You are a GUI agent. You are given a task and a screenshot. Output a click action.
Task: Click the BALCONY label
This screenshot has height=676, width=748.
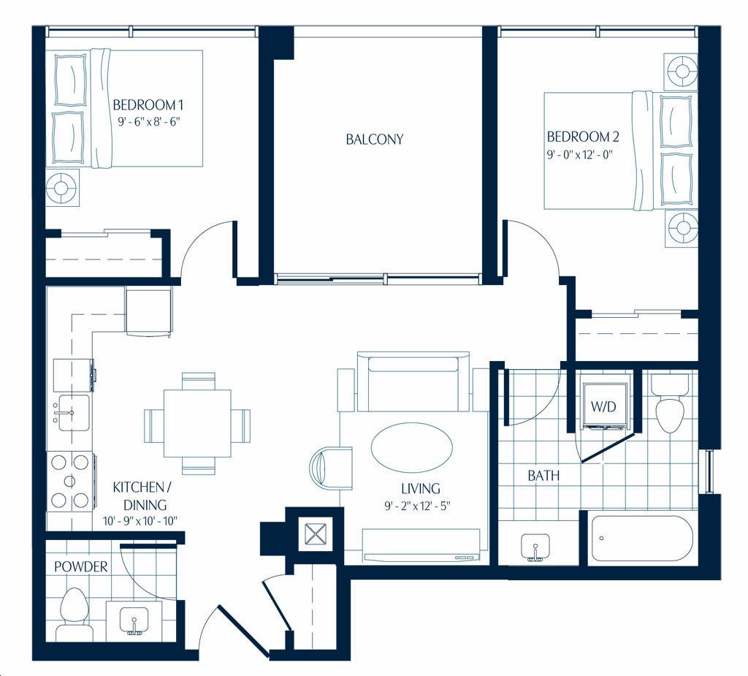click(375, 140)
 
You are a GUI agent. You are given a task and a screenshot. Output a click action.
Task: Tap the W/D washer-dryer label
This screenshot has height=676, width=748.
click(603, 407)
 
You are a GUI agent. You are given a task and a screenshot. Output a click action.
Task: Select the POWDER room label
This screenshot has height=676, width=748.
click(80, 566)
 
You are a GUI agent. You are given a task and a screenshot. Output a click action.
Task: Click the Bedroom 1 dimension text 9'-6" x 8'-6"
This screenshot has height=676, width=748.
click(149, 122)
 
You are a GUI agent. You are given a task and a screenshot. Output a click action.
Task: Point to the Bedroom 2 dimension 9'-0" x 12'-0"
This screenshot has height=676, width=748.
click(579, 155)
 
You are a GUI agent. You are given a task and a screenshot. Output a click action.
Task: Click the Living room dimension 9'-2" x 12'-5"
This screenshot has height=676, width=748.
click(418, 506)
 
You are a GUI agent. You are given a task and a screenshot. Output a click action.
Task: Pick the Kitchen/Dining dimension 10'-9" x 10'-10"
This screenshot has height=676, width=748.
click(140, 521)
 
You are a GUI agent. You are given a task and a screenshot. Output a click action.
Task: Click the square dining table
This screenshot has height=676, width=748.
click(197, 423)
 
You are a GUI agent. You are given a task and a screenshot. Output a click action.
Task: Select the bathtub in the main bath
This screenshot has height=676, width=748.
click(643, 538)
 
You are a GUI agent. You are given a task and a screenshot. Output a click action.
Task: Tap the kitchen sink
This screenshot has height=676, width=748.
click(71, 413)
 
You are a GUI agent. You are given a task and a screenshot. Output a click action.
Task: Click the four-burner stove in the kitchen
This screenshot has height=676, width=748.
click(70, 481)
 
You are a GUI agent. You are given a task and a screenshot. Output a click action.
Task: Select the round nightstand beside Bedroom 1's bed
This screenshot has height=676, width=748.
click(62, 188)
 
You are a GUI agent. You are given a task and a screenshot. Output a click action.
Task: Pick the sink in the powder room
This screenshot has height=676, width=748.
click(134, 621)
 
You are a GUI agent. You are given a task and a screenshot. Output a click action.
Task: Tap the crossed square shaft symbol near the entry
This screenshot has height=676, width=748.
click(315, 533)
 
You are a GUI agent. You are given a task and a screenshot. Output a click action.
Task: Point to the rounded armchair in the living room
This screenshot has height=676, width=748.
click(332, 468)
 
